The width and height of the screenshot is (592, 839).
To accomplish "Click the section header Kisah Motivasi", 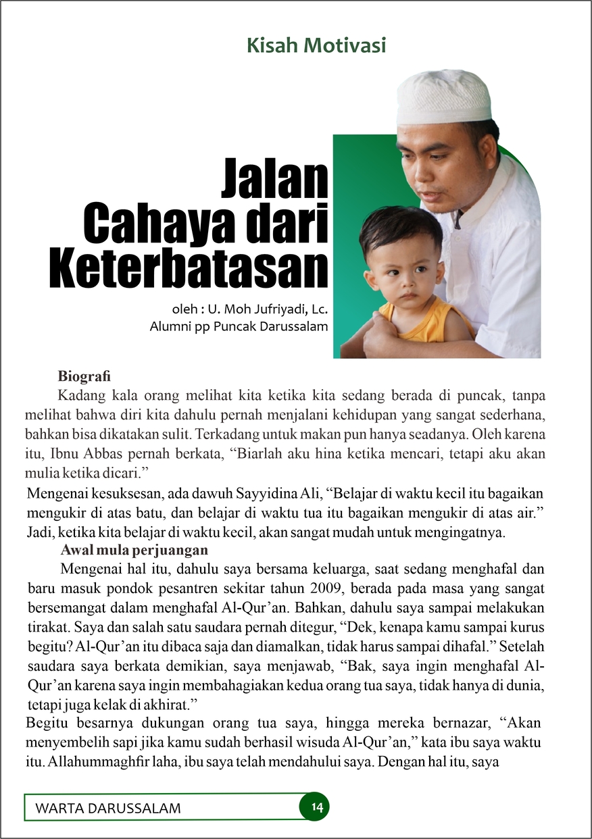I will click(x=316, y=46).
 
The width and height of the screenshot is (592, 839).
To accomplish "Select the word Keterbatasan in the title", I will click(x=189, y=269).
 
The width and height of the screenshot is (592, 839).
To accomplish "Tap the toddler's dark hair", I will click(x=399, y=230).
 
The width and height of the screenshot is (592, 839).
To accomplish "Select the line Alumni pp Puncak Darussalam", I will click(x=239, y=328).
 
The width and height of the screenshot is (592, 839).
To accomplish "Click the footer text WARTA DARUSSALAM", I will click(x=108, y=809).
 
